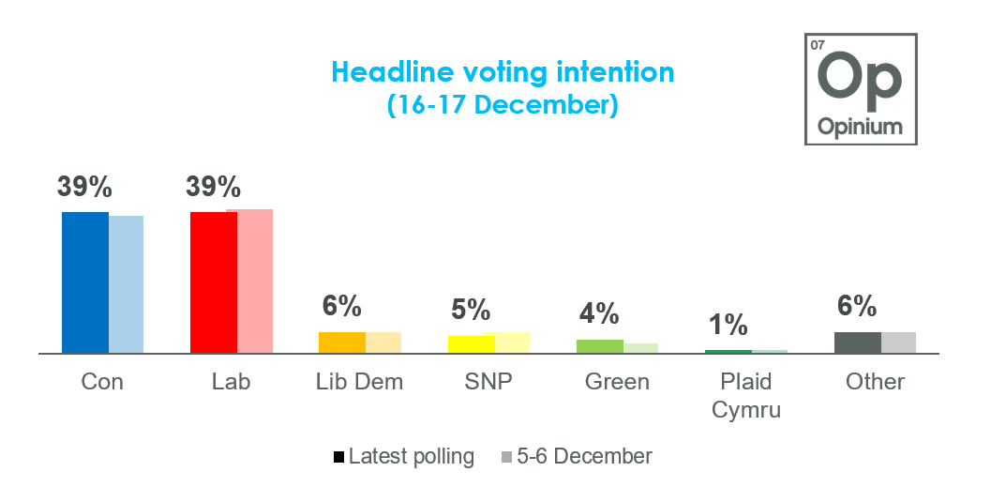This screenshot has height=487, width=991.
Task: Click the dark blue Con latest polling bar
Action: pos(85,282)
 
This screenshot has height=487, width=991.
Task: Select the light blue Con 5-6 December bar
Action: pos(127,284)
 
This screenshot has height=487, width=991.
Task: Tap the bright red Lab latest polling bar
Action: pos(214,282)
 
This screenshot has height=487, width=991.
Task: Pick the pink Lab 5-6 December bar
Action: pos(255,282)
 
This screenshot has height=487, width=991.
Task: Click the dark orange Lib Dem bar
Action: pos(342,342)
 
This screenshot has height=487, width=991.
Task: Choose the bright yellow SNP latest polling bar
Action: pos(471,344)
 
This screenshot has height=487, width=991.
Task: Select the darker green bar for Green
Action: pos(600,346)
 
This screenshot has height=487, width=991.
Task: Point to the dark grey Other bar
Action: pos(857,342)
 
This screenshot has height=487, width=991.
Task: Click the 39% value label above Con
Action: pos(84,187)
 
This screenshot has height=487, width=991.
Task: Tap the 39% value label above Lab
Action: pos(214,187)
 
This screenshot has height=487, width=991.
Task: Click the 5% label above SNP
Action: pos(471,309)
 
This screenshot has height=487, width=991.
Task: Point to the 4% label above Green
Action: pos(599,312)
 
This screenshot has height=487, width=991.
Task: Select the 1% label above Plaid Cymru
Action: pos(728,325)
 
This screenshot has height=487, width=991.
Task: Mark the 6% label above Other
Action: pos(857,306)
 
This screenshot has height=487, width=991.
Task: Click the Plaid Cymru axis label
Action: pos(746,396)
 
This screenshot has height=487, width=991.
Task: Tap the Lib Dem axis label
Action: pos(360,382)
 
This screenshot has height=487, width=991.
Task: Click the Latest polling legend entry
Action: pos(404,457)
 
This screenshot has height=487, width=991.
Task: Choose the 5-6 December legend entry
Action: pos(577,457)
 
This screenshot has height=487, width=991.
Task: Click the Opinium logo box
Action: pos(860,89)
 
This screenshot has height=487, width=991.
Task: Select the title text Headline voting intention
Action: pos(503,72)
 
